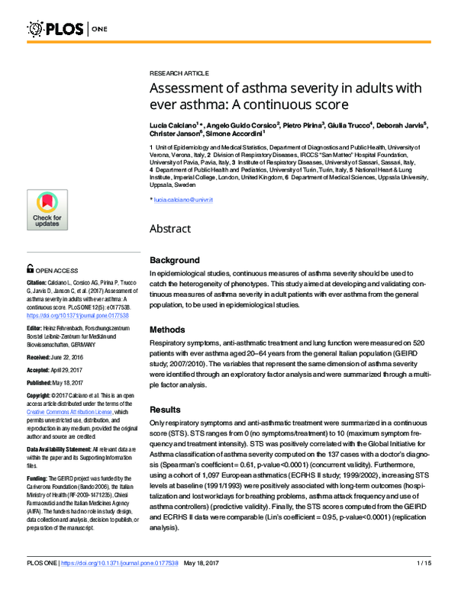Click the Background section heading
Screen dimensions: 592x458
click(x=175, y=260)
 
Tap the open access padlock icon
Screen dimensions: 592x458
click(x=30, y=269)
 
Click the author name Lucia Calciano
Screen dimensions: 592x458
click(x=173, y=124)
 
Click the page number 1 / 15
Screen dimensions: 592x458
click(x=424, y=585)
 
